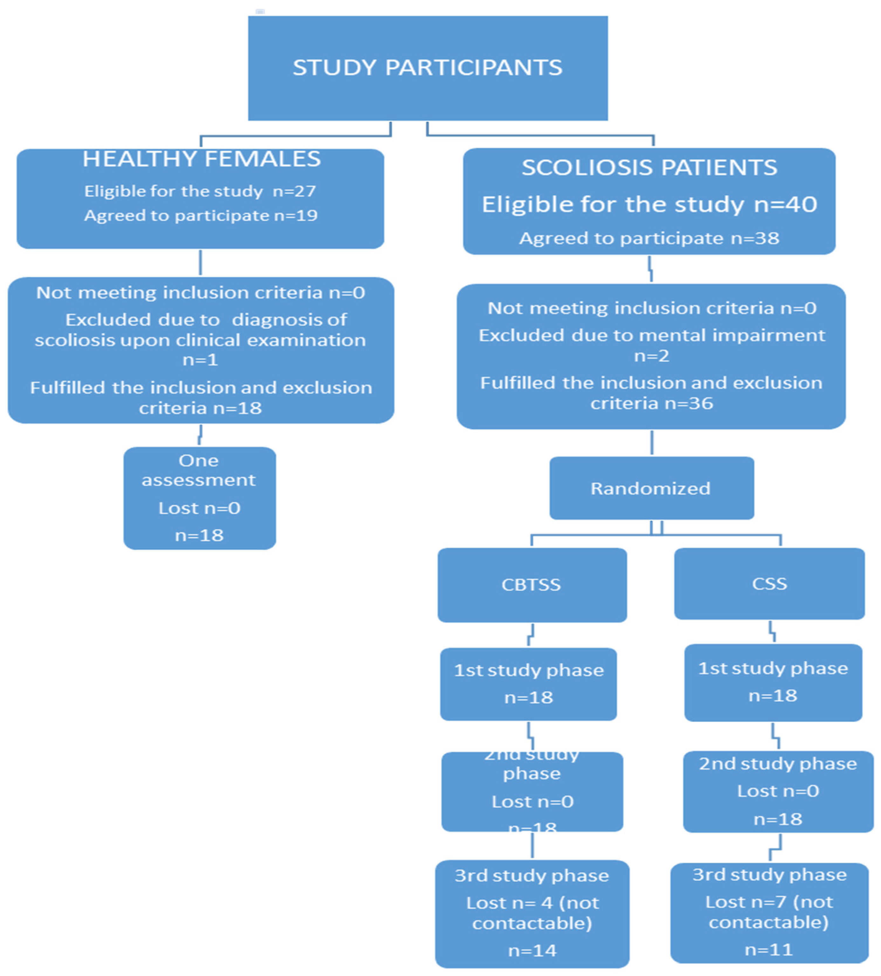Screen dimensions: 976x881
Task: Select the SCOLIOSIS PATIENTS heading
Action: coord(649,168)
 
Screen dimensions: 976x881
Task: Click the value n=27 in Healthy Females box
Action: coord(294,191)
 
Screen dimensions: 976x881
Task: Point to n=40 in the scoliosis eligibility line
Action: coord(785,204)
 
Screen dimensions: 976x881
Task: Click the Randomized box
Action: coord(651,488)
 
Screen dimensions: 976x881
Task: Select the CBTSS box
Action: coord(532,585)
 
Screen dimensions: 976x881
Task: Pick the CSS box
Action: coord(769,584)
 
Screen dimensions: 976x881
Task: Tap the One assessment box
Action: coord(199,498)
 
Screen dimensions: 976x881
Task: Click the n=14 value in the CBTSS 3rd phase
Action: coord(532,950)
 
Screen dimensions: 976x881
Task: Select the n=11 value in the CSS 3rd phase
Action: coord(769,949)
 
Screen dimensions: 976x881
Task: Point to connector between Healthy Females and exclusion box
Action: coord(200,263)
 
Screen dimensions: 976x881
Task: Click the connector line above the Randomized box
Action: coord(651,442)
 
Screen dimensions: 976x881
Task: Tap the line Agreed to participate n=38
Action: coord(649,238)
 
